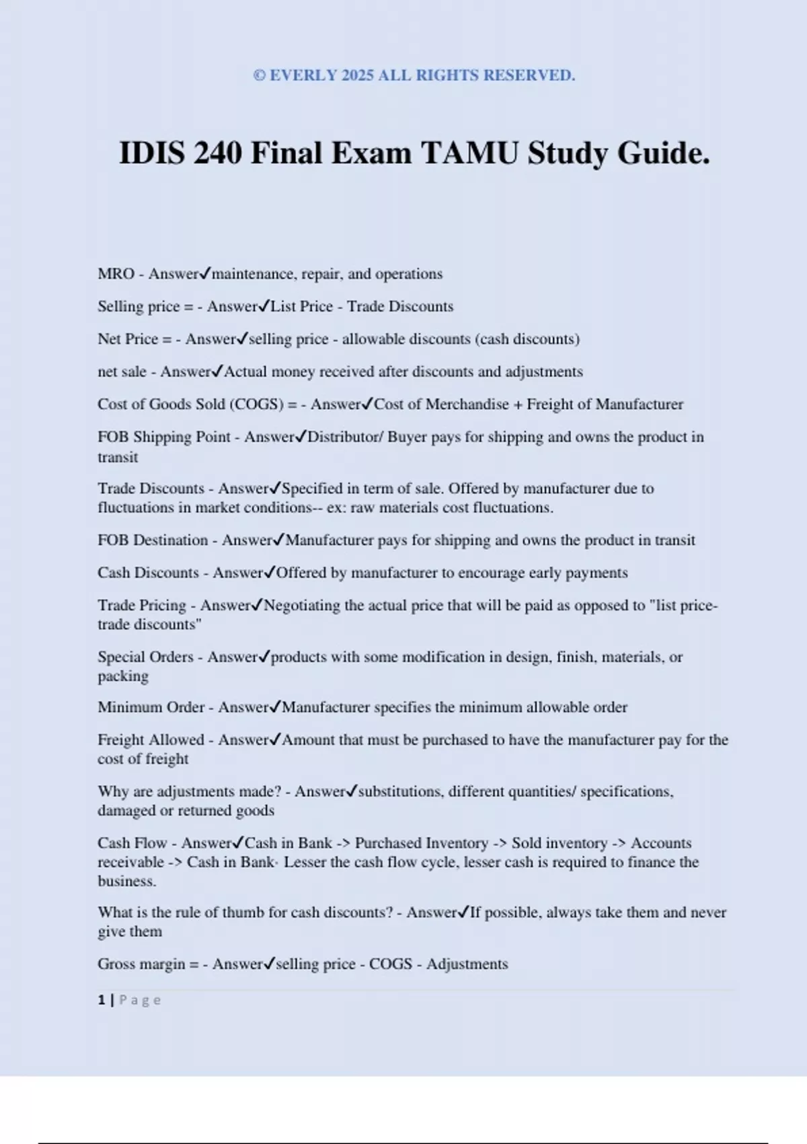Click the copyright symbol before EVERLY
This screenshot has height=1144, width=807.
click(x=260, y=75)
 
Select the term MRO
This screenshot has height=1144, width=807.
click(x=116, y=274)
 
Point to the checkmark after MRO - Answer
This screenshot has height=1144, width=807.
click(x=205, y=273)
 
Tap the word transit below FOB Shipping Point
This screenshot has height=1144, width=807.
click(x=118, y=458)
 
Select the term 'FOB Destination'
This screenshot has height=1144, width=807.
click(x=153, y=540)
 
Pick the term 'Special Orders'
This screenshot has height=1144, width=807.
click(x=145, y=657)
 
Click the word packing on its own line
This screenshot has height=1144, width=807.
click(x=123, y=676)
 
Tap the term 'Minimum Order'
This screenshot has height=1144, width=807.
click(x=151, y=707)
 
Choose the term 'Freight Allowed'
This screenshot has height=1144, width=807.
click(x=151, y=740)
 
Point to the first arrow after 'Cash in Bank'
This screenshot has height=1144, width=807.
click(x=343, y=843)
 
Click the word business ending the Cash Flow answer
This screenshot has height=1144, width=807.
click(x=126, y=882)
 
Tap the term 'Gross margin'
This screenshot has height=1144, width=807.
click(x=141, y=964)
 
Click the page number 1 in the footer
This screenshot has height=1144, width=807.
click(x=102, y=1000)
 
